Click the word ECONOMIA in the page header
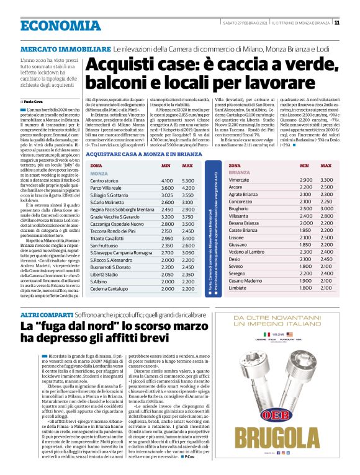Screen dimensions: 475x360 tap(60, 25)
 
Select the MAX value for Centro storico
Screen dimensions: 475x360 tap(188, 180)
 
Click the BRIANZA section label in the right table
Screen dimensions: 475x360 tap(240, 172)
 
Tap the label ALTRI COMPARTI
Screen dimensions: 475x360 tap(46, 316)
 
